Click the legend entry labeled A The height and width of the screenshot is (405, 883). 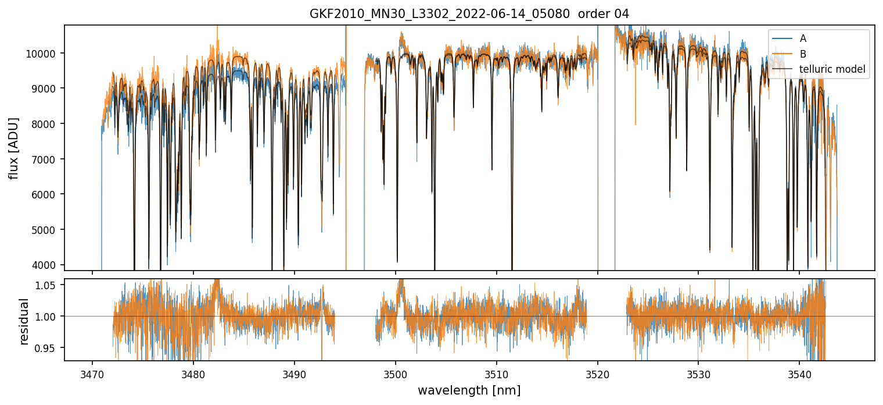[x=803, y=38]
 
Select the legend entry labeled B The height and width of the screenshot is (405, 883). [x=803, y=54]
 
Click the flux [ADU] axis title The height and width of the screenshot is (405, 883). [x=14, y=148]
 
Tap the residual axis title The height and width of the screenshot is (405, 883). [x=24, y=321]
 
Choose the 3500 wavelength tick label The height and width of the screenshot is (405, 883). [x=396, y=373]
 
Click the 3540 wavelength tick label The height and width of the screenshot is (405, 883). [x=799, y=373]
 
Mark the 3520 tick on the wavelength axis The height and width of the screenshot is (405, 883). [x=598, y=373]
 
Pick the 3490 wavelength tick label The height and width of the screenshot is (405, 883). [x=295, y=373]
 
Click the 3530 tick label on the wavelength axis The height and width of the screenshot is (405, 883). [x=698, y=373]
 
